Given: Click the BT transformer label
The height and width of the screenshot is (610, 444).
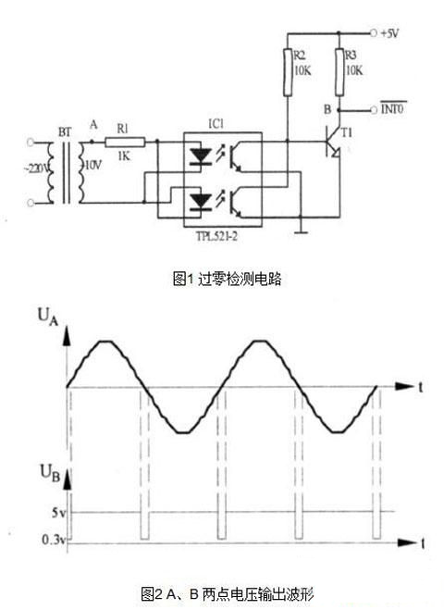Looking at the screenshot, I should point(66,132).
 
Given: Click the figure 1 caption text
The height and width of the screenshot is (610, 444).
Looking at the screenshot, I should point(225,279).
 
